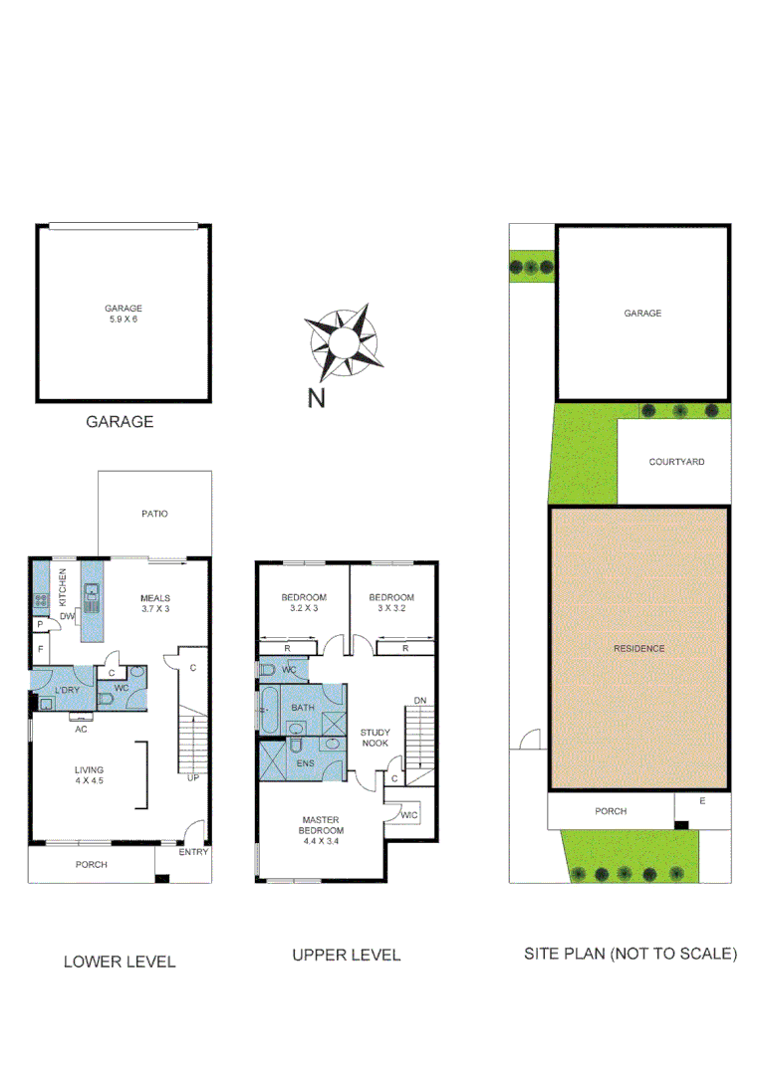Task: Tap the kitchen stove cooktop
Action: click(42, 599)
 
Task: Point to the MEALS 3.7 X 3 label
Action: click(154, 603)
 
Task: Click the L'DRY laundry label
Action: click(67, 690)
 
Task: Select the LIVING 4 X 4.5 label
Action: click(89, 775)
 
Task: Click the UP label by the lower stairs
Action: click(192, 777)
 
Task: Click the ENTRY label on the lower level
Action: click(193, 852)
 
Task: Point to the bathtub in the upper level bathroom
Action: click(267, 711)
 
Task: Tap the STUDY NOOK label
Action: click(375, 738)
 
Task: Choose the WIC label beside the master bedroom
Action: click(408, 815)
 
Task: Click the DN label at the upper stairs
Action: click(420, 701)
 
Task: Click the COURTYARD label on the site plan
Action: click(676, 462)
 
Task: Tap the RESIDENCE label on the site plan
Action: click(638, 648)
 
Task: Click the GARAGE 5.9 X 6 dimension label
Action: click(124, 314)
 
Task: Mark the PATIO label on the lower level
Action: click(153, 514)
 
